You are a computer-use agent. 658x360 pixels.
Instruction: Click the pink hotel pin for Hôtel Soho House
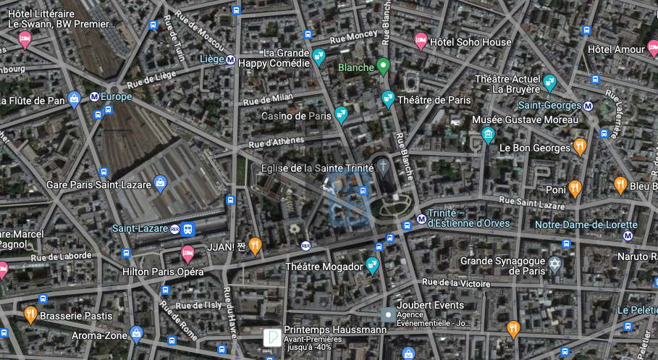420,41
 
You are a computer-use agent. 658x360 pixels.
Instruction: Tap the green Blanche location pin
384,67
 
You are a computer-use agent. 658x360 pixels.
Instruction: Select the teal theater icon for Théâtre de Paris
388,99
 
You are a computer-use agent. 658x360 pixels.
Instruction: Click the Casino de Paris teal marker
341,114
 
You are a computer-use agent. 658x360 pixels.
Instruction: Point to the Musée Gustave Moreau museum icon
489,135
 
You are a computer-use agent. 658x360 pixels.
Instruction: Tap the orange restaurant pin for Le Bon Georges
580,146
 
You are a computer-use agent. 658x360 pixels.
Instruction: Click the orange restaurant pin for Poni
575,188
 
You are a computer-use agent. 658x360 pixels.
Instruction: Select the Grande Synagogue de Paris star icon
555,264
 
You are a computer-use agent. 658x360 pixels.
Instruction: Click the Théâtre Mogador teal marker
373,265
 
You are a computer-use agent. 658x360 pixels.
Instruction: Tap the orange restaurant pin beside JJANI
254,246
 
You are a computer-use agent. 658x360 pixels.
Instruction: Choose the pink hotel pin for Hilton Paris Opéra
187,254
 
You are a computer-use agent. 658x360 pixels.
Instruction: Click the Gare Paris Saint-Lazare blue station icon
160,184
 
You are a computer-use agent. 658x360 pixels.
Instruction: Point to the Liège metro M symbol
230,60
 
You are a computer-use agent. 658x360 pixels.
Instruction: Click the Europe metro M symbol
94,96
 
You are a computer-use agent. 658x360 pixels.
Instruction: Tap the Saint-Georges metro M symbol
588,106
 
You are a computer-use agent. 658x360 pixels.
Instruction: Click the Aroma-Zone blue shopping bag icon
135,334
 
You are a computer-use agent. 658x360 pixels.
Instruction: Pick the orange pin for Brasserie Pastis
30,314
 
